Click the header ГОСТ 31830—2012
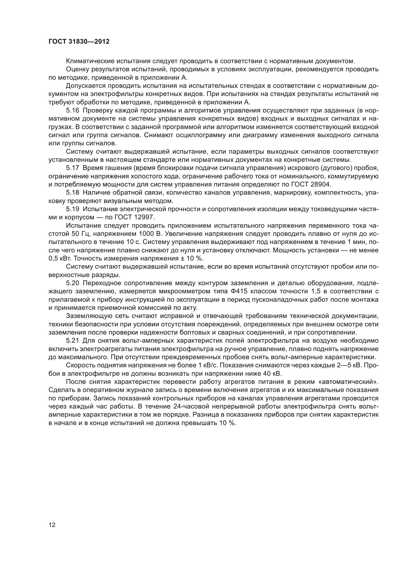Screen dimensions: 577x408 click(x=79, y=42)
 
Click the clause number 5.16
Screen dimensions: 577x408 click(x=73, y=110)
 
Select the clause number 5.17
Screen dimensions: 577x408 click(x=73, y=168)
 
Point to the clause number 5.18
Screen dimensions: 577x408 click(x=73, y=192)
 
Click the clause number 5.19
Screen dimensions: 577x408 click(x=73, y=209)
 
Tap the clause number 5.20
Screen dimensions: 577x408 click(x=73, y=283)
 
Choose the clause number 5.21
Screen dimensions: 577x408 click(x=73, y=341)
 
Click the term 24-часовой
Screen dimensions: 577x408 click(x=192, y=407)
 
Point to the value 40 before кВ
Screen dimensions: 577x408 click(x=267, y=374)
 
